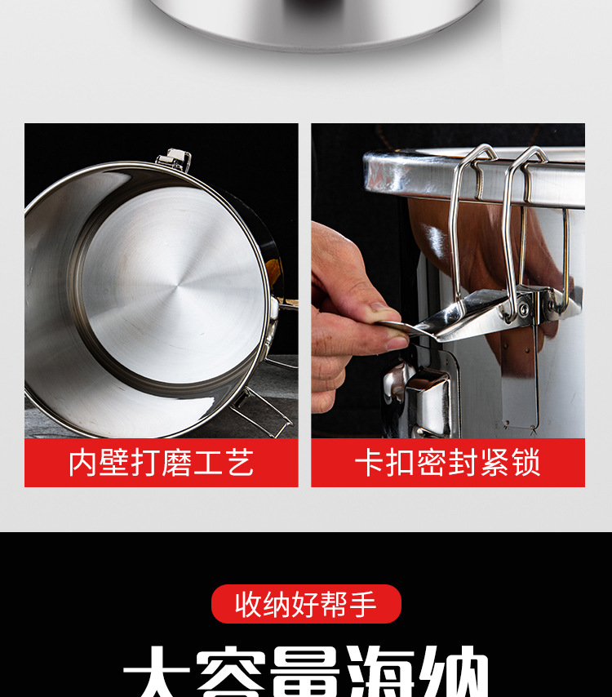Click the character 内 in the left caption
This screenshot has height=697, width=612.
82,463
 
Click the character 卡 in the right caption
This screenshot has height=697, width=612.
368,463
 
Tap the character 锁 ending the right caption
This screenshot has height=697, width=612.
526,463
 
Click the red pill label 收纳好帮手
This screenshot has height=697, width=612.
306,604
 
